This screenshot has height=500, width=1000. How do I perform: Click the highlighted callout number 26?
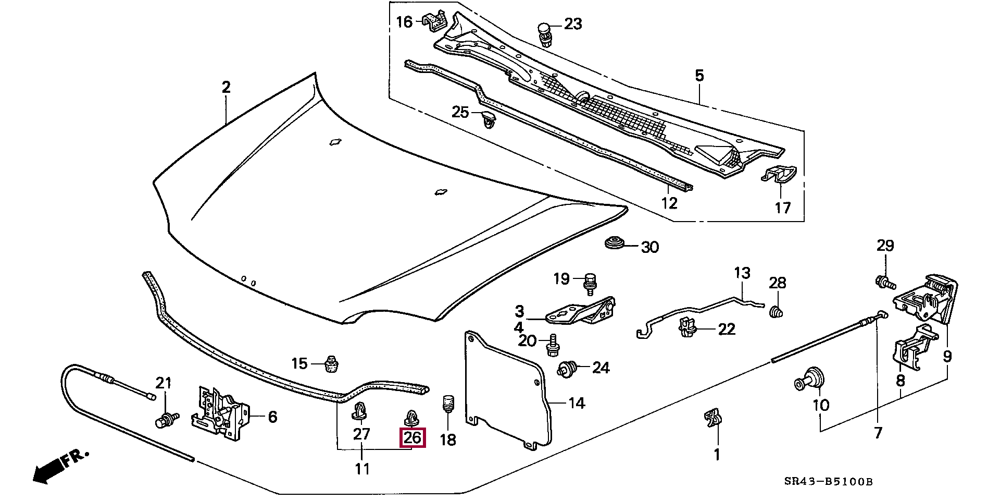coord(412,437)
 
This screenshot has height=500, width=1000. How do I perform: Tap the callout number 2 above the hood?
coord(226,87)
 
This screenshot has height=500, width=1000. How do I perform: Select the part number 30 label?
coord(649,247)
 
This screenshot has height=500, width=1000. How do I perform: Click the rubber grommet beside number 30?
coord(615,243)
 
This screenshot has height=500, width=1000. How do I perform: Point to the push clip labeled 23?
coord(544,32)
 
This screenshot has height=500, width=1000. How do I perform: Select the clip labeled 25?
coord(488,119)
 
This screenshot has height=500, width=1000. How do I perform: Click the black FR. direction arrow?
coord(47,471)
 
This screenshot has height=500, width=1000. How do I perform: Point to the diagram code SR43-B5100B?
coord(828,482)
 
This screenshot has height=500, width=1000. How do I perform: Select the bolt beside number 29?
coord(884,283)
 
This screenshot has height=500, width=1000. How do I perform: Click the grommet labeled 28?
coord(776,311)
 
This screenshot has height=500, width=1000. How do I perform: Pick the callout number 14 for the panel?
coord(576,403)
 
